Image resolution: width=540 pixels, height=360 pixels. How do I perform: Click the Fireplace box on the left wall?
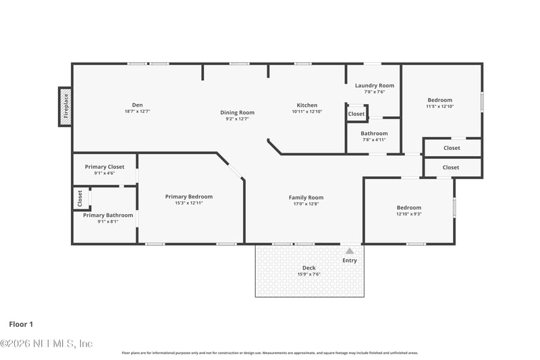[65, 107]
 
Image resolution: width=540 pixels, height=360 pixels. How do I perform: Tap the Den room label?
[137, 105]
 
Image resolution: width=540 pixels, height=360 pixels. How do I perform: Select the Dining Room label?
[237, 112]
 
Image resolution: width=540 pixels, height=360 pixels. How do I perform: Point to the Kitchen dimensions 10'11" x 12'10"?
[307, 111]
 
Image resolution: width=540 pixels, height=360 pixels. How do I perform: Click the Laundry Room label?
[375, 86]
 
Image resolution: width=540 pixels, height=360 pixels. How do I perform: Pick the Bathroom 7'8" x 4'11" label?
[374, 134]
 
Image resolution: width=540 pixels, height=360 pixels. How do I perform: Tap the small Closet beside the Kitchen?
[356, 114]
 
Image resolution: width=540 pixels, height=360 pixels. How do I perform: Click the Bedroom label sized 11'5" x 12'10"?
[439, 100]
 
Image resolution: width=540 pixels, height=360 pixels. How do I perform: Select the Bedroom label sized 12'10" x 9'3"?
[408, 207]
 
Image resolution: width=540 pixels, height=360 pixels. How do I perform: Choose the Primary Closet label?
[105, 167]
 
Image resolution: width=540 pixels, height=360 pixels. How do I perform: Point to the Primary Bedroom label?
[189, 197]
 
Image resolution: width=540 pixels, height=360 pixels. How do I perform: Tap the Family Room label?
[306, 198]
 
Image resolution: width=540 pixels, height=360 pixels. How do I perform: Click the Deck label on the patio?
[309, 268]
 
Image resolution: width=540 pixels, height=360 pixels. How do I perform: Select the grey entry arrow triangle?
[350, 251]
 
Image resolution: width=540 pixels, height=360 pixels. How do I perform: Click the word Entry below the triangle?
[350, 260]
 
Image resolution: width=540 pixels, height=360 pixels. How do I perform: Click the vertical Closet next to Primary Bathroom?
[80, 198]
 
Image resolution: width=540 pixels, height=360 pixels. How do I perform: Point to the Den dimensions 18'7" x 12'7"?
[137, 111]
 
